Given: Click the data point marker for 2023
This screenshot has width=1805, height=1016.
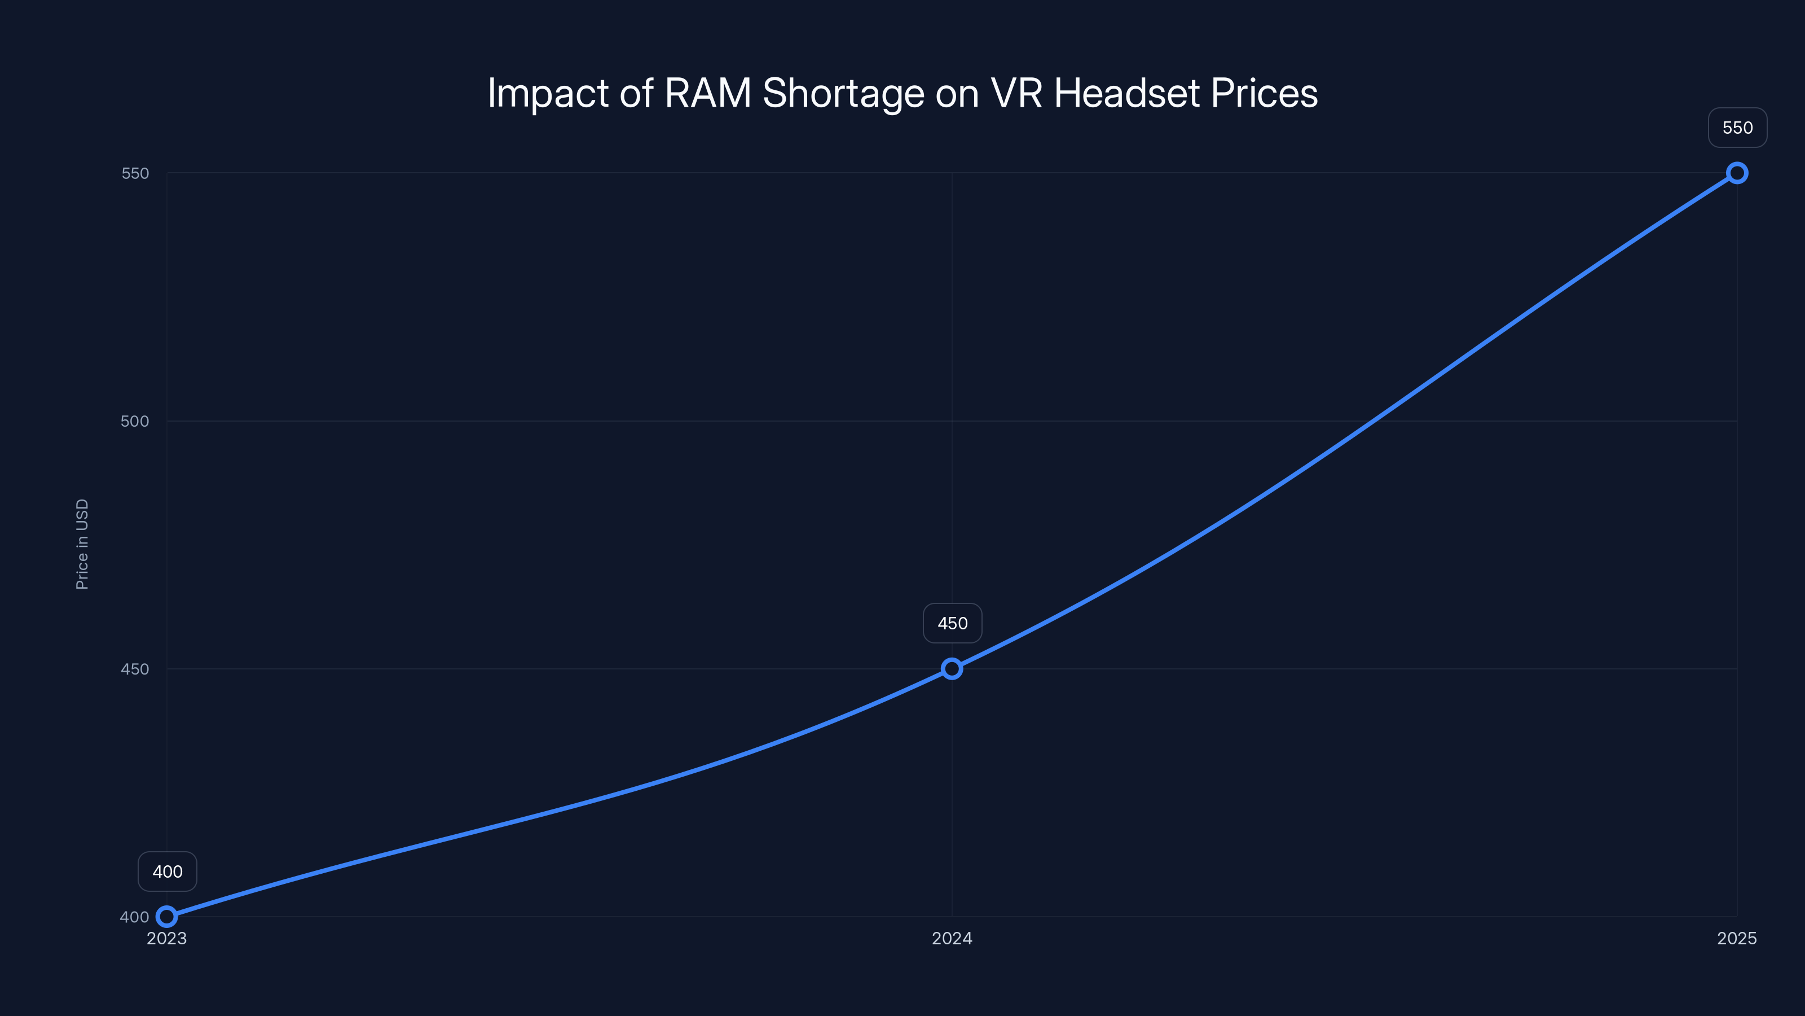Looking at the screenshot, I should pyautogui.click(x=167, y=917).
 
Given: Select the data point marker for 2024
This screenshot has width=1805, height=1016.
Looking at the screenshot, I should pyautogui.click(x=952, y=669).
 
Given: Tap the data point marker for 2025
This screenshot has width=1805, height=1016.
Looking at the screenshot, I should pyautogui.click(x=1737, y=173).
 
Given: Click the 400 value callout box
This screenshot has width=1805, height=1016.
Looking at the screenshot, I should pyautogui.click(x=168, y=872).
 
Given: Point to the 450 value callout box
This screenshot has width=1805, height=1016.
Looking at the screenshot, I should pyautogui.click(x=952, y=623).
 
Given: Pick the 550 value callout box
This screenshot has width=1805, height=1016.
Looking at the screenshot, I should pyautogui.click(x=1737, y=128).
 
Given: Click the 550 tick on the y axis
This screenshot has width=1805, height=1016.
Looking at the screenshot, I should pyautogui.click(x=135, y=173).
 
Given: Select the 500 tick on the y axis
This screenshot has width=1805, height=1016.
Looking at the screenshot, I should pyautogui.click(x=135, y=422).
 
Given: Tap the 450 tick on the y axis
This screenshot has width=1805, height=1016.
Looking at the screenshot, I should pyautogui.click(x=135, y=669).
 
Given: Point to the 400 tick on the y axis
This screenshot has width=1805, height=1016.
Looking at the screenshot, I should pyautogui.click(x=134, y=917).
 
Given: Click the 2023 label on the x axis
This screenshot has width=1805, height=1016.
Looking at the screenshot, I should pyautogui.click(x=167, y=939).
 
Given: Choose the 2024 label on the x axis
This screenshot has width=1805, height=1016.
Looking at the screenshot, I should pyautogui.click(x=952, y=939).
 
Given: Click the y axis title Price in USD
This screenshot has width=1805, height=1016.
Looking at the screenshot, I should pyautogui.click(x=82, y=544).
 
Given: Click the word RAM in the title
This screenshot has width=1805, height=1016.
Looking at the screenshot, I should pyautogui.click(x=708, y=93).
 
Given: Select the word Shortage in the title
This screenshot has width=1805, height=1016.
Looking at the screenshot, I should pyautogui.click(x=843, y=94).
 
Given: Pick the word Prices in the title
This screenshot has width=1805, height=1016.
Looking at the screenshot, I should pyautogui.click(x=1264, y=93).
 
